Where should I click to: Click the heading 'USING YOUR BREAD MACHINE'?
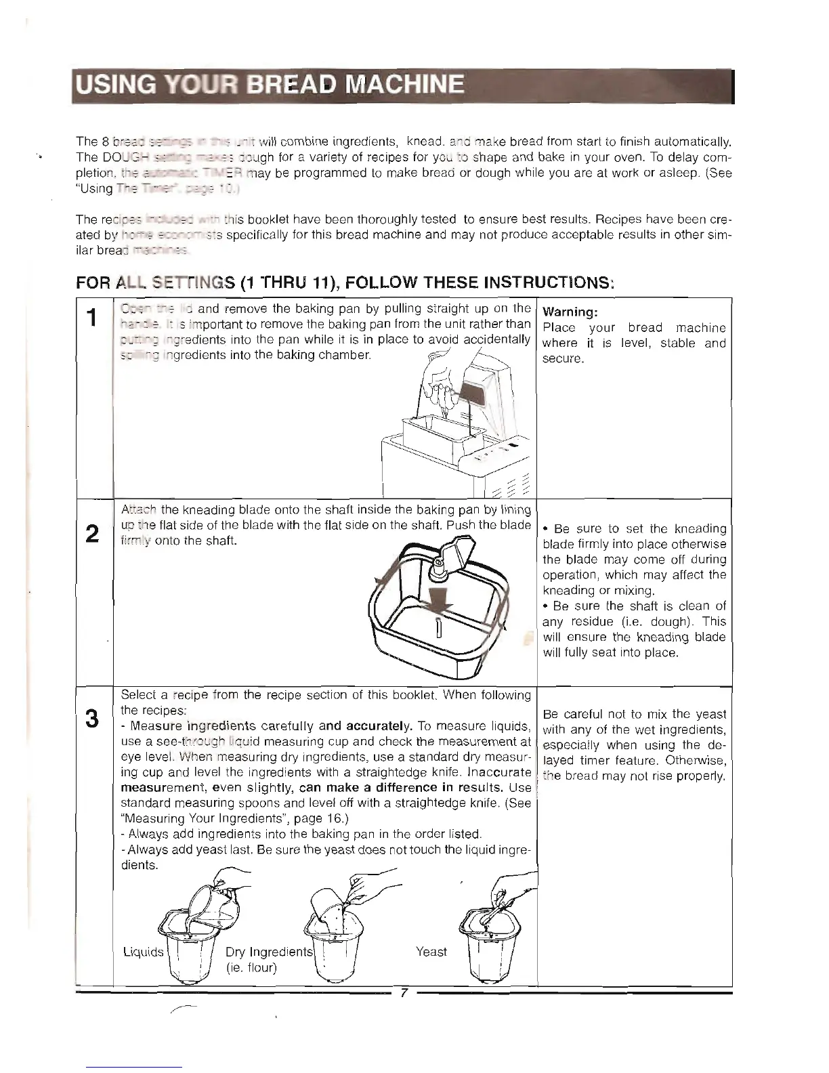pos(269,86)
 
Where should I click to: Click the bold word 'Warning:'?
pos(569,312)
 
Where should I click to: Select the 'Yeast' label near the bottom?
pos(431,952)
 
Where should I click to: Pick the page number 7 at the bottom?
pos(403,993)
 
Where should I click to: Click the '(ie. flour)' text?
pos(251,967)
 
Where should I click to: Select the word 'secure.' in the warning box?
pos(563,358)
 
